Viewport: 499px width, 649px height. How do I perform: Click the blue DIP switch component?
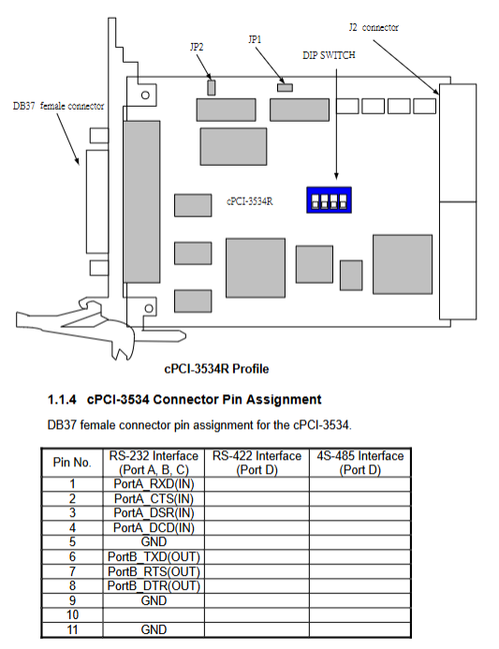click(329, 199)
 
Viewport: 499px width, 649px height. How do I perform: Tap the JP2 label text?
click(197, 47)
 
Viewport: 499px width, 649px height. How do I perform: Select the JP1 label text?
click(255, 39)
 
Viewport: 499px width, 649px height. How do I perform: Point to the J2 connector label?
click(374, 27)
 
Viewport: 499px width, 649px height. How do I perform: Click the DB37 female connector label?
click(58, 106)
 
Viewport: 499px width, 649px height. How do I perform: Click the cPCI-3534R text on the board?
click(249, 201)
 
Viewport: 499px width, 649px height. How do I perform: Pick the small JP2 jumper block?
click(211, 87)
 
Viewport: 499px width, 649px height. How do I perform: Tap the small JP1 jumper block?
click(286, 88)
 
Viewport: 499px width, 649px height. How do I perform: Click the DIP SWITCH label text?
click(329, 55)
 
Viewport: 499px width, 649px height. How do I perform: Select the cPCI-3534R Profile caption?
click(216, 369)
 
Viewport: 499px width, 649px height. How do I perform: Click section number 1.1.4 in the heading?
click(62, 399)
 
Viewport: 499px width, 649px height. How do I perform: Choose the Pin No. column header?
click(72, 462)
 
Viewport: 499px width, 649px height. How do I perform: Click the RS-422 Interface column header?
click(257, 463)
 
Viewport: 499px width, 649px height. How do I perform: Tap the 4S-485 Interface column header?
click(360, 463)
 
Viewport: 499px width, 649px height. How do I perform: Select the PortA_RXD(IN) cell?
click(154, 484)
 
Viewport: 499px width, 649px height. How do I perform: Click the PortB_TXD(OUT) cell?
click(154, 556)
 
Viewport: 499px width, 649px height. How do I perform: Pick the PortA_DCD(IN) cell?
click(154, 528)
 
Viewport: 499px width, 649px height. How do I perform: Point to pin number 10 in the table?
click(72, 615)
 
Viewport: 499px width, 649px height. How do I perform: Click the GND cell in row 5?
click(154, 542)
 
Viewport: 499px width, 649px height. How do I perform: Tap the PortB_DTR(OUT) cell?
click(154, 585)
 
